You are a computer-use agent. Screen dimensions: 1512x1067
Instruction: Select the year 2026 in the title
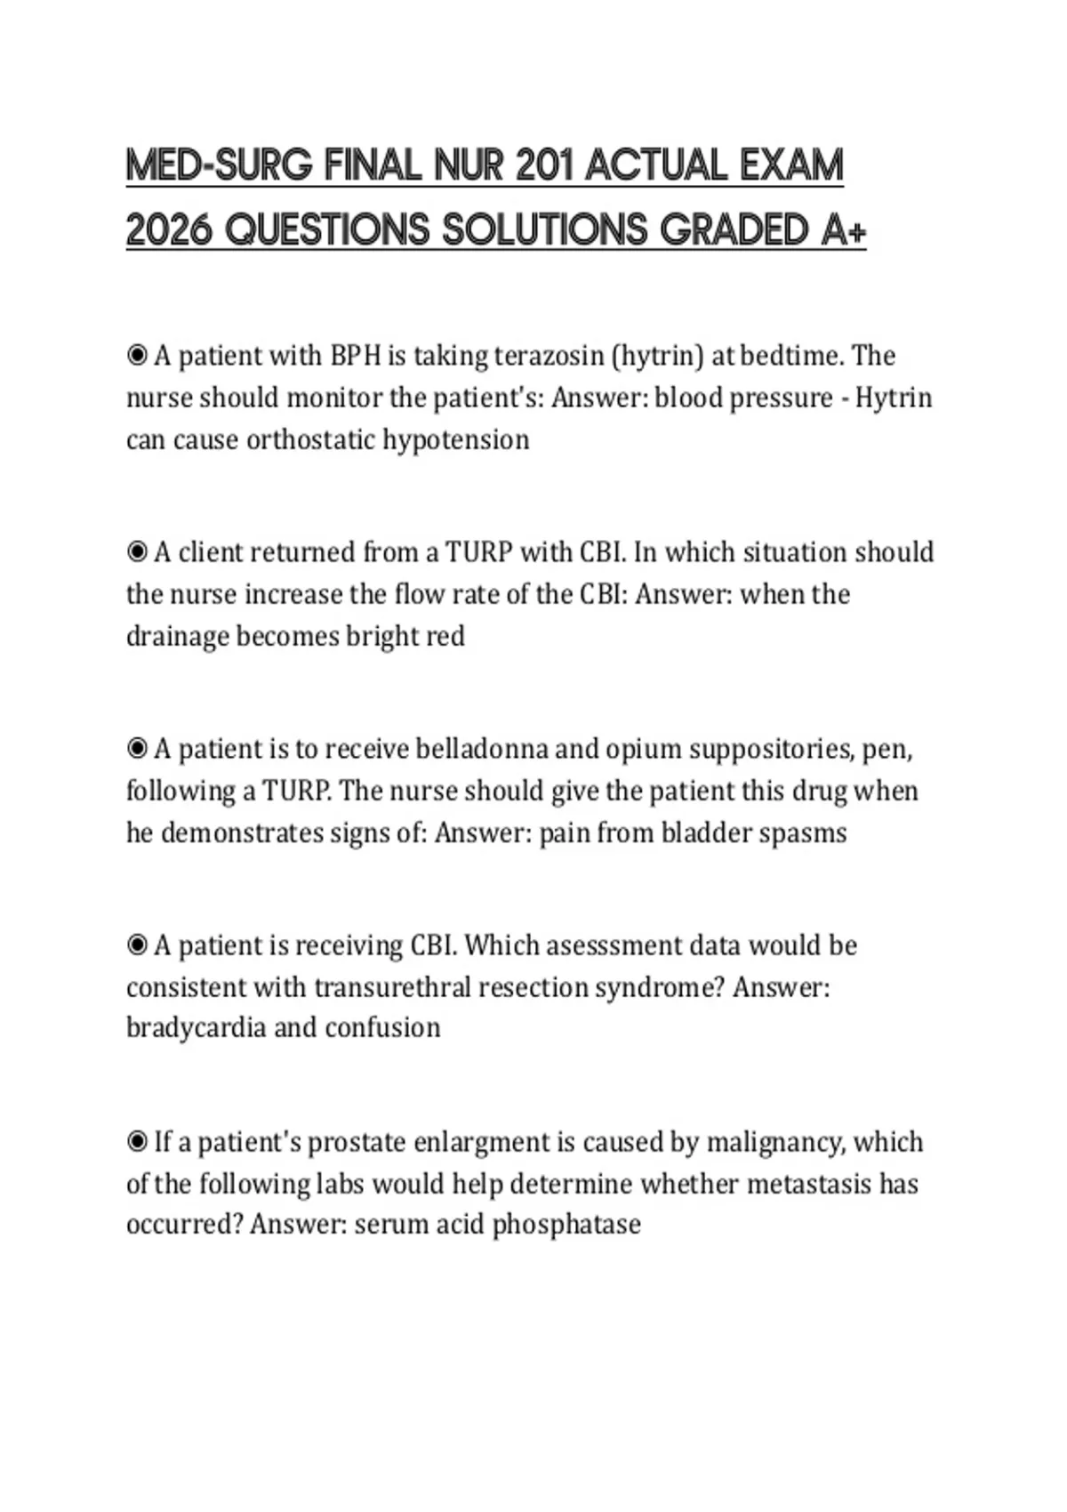(169, 230)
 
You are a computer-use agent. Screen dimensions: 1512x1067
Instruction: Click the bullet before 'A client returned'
(137, 552)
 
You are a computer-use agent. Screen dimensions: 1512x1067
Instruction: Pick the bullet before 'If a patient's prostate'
(137, 1141)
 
